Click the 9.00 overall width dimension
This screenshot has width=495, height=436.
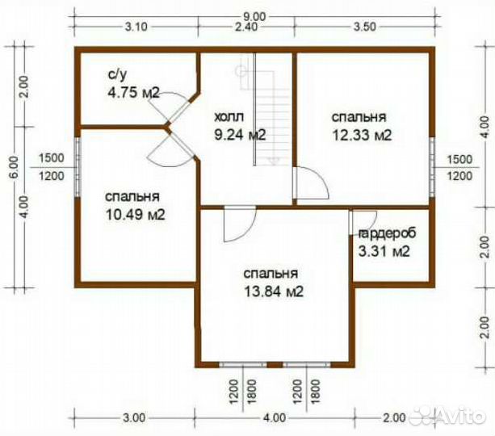click(x=255, y=16)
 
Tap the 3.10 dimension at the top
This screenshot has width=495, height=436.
click(x=136, y=27)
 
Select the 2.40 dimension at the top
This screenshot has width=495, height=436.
click(x=246, y=27)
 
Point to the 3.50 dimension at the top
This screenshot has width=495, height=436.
click(x=365, y=27)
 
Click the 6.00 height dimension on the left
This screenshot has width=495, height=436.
click(x=15, y=166)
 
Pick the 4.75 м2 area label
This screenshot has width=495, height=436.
click(x=133, y=93)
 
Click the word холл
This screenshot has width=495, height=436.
click(x=229, y=117)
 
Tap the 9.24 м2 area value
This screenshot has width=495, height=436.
click(x=241, y=135)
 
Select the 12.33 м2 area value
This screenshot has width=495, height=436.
click(x=362, y=135)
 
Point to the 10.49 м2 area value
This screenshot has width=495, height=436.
click(x=135, y=215)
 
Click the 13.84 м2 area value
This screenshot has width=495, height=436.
click(x=274, y=291)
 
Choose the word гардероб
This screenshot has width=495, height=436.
click(x=388, y=233)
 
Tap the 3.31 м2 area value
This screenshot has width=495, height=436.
click(x=384, y=252)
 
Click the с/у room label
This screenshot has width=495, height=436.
click(x=117, y=74)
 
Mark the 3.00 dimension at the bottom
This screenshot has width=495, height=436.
click(x=135, y=417)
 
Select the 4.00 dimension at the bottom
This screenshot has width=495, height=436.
click(x=275, y=417)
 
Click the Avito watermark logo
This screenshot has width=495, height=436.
click(x=447, y=416)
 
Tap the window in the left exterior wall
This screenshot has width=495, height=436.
click(x=78, y=168)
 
